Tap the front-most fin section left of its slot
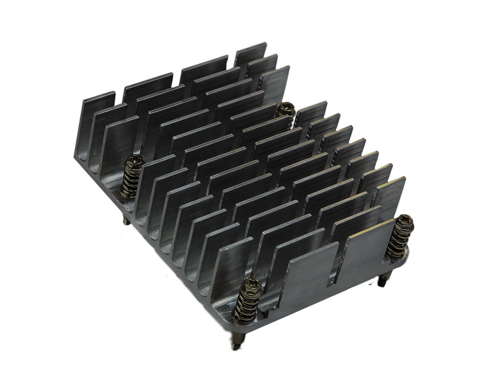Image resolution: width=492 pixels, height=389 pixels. click(307, 282)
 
